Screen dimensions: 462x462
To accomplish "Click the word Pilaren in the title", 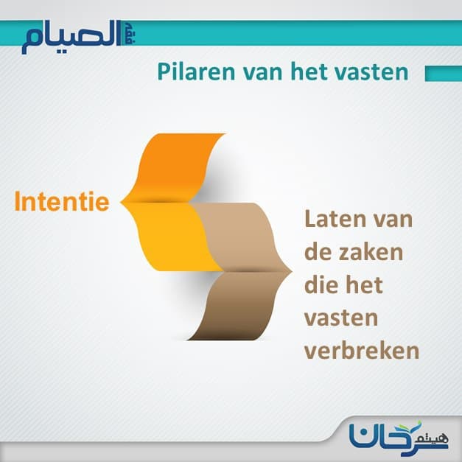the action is click(196, 71).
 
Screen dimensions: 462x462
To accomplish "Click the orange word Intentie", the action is click(62, 202).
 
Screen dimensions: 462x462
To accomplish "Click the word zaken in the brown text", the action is click(371, 252).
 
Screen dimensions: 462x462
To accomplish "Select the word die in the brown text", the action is click(320, 284).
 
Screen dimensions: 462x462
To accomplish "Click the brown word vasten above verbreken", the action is click(341, 319).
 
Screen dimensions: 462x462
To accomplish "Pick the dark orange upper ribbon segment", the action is click(174, 168).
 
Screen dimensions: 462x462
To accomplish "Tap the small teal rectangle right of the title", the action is click(444, 74).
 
